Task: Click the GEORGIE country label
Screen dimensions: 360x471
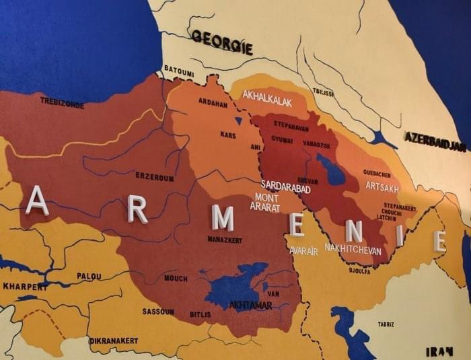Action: pos(222,42)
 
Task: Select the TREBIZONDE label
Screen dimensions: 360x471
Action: pos(62,102)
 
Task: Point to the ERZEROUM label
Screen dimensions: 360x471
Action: pos(154,178)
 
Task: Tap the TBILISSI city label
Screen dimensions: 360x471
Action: pos(323,92)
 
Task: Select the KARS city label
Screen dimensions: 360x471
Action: pos(228,135)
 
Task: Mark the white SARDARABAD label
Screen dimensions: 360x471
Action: pos(286,187)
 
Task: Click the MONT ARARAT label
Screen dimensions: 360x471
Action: pos(265,203)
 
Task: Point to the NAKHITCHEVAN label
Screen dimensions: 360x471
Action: pos(353,249)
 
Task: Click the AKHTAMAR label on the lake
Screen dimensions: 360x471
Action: pos(251,305)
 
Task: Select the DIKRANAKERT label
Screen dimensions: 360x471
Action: pos(113,340)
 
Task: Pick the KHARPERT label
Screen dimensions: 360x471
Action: pos(25,286)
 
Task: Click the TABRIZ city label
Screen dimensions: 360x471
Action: pos(386,324)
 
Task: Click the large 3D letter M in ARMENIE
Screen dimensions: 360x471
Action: pos(222,218)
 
